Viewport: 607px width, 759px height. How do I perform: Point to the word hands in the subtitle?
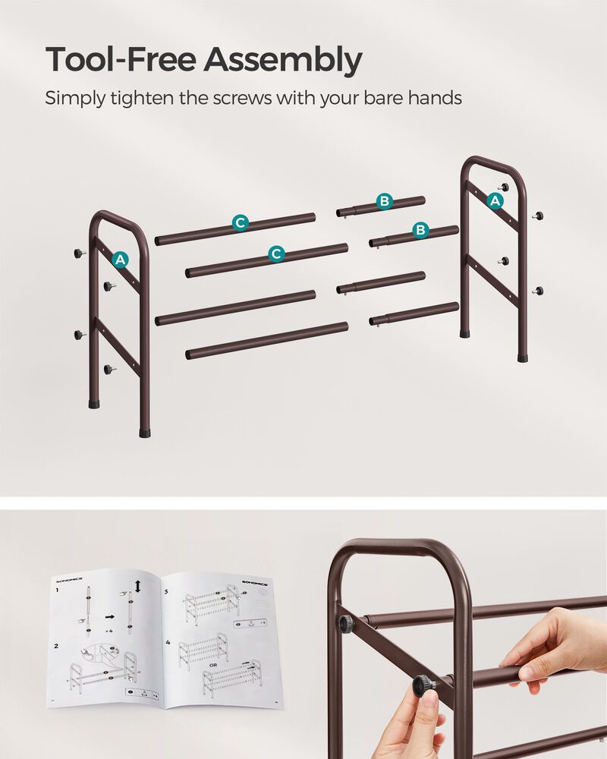(x=432, y=98)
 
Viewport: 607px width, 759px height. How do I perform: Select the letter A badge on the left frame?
(x=119, y=260)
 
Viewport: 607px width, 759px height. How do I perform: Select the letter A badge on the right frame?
(x=495, y=200)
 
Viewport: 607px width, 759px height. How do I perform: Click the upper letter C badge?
(x=240, y=222)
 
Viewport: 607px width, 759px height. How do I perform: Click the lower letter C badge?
(x=276, y=254)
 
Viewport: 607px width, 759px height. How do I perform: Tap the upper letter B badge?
(x=385, y=201)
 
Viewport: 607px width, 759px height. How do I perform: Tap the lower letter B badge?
(x=420, y=230)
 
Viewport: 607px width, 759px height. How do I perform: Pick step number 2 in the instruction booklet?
(x=56, y=646)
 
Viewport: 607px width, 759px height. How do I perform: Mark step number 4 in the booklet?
(x=167, y=642)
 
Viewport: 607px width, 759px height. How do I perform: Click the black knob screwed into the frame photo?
(x=346, y=624)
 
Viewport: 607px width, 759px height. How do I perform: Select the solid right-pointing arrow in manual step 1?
(x=110, y=617)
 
